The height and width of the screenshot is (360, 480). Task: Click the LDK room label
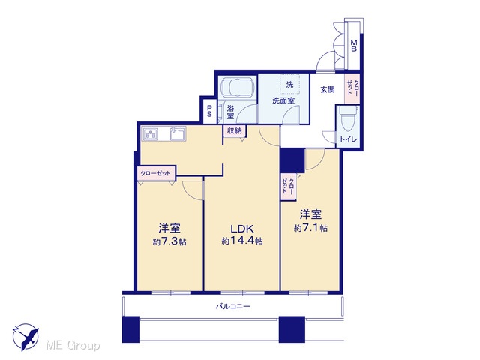point(241,229)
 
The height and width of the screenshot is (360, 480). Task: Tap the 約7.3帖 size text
point(169,241)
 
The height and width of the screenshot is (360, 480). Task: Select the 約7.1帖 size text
point(310,228)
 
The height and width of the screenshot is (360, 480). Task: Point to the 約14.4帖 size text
point(242,241)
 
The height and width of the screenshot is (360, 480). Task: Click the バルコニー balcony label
point(233,306)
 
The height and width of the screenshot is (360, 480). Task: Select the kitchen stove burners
point(150,134)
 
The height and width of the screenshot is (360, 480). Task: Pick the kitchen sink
point(178,133)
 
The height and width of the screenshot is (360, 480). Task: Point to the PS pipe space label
point(210,111)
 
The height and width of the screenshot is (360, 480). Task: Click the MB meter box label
point(353,45)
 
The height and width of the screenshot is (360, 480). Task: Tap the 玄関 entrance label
point(328,90)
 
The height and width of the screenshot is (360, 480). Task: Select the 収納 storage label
point(235,131)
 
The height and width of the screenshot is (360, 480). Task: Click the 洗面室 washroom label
point(283,100)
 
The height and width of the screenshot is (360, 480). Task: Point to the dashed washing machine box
point(289,84)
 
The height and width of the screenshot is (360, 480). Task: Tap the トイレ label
point(348,139)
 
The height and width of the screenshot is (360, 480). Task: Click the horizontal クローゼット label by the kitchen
point(155,173)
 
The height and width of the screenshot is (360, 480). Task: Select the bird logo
point(26,337)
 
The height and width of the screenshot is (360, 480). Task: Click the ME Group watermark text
point(73,345)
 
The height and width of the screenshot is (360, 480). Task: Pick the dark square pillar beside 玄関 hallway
point(292,160)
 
